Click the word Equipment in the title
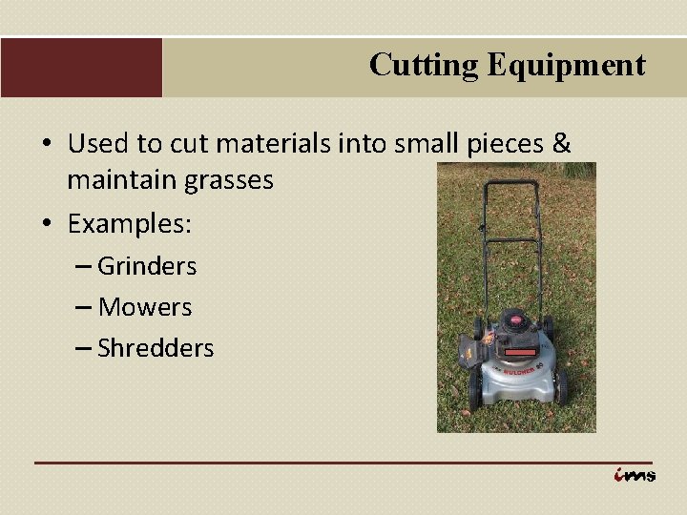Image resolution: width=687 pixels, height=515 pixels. tap(566, 65)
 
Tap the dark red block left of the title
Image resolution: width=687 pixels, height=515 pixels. tap(81, 68)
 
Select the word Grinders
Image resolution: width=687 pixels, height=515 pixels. tap(147, 266)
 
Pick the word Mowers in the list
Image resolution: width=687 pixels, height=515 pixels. tap(145, 307)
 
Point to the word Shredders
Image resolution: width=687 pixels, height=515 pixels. tap(156, 348)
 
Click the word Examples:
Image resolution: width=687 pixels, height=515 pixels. tap(130, 225)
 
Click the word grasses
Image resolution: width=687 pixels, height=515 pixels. tap(224, 180)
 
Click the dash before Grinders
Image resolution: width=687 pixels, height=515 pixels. tap(82, 267)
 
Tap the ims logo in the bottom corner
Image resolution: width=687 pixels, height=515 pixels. tap(635, 474)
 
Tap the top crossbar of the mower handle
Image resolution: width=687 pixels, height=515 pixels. tap(510, 183)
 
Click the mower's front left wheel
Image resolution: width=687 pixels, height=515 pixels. tap(474, 391)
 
